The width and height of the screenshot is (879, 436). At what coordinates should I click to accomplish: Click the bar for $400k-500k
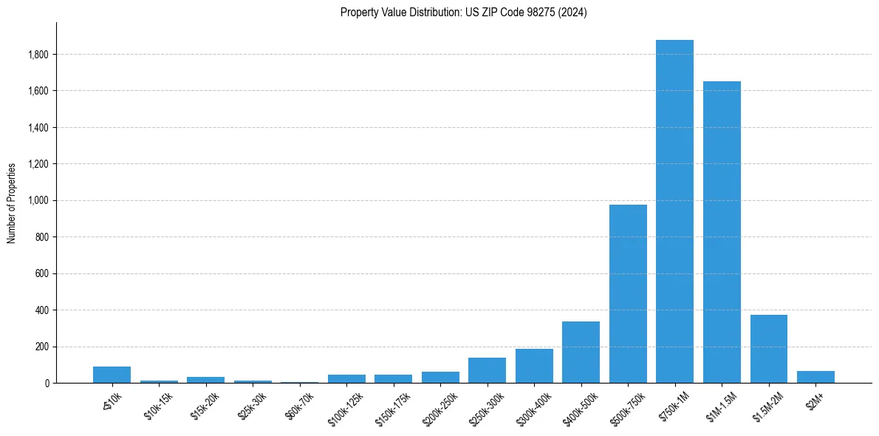pos(581,352)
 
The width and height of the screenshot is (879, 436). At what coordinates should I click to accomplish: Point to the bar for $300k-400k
pos(534,366)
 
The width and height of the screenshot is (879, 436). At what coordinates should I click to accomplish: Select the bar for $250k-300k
pos(487,370)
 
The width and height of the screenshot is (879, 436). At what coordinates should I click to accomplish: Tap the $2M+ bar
pos(815,377)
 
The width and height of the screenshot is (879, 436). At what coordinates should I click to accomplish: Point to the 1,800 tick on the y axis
pos(38,55)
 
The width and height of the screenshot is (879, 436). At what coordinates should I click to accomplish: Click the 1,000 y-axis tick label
pos(38,200)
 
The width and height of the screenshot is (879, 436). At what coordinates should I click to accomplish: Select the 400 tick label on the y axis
pos(42,310)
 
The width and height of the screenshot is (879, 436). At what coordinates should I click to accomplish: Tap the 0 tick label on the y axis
pos(46,384)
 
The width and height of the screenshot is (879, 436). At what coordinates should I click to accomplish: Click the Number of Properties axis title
pos(12,202)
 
